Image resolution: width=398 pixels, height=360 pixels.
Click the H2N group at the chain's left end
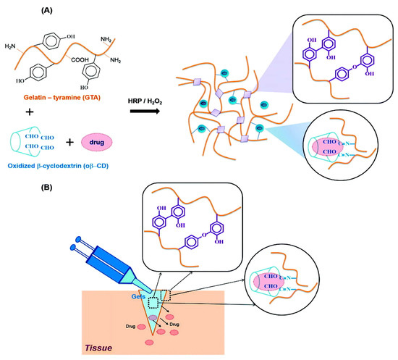tap(14, 47)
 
